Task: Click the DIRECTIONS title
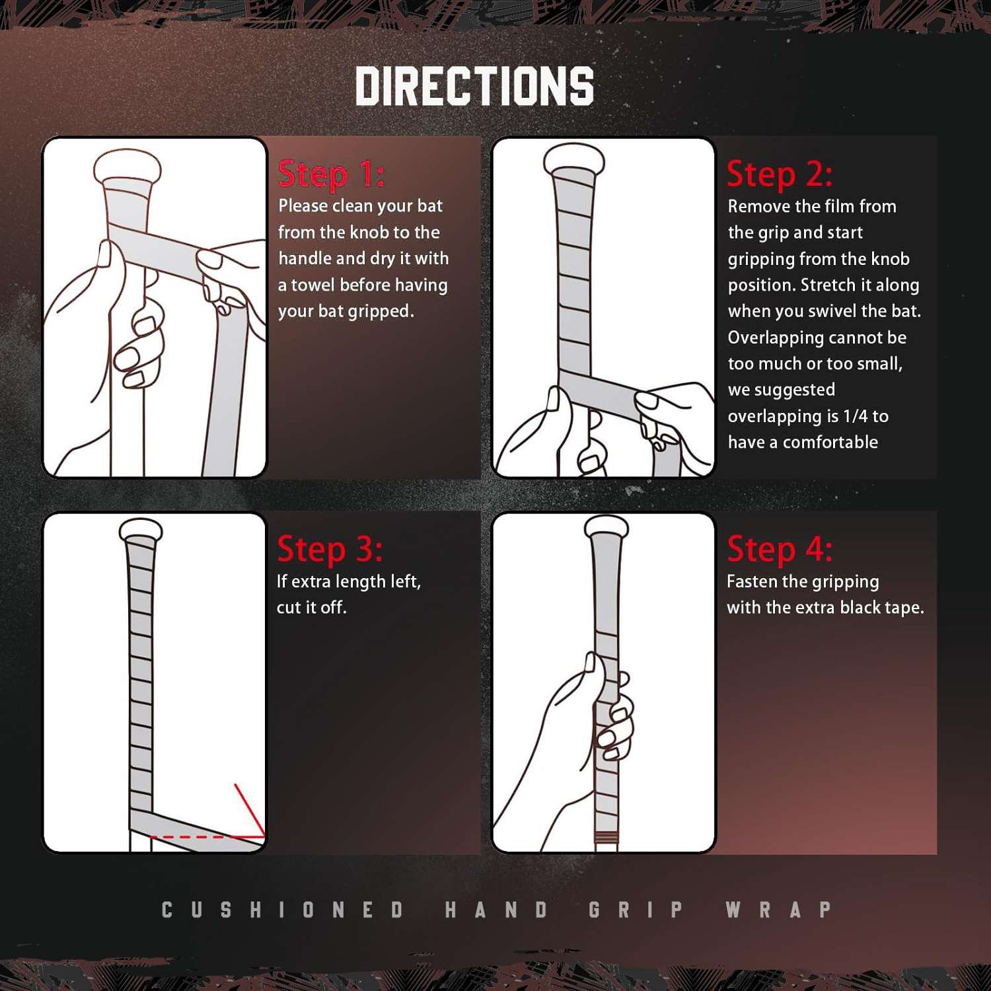click(x=474, y=86)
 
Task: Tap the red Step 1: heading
click(x=331, y=174)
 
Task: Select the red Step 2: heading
click(x=780, y=174)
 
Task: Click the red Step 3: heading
click(x=330, y=549)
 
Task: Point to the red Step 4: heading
click(x=780, y=549)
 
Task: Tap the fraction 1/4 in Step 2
click(x=856, y=416)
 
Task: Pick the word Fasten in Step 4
click(x=752, y=581)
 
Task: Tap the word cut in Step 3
click(x=289, y=608)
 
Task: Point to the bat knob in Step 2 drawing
click(x=574, y=159)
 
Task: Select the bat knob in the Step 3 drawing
click(x=141, y=531)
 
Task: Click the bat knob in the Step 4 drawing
click(x=606, y=526)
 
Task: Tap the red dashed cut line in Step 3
click(x=207, y=837)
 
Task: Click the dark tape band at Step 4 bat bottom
click(x=606, y=840)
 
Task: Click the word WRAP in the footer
click(x=778, y=910)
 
